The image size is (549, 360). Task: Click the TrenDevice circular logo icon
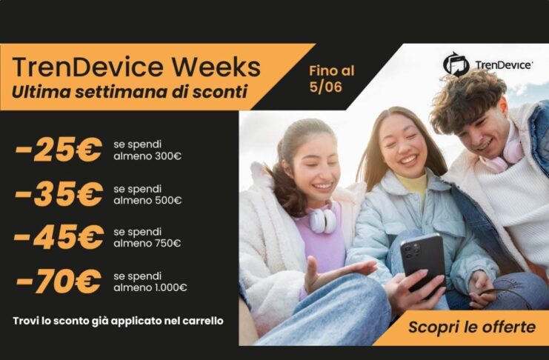pyautogui.click(x=456, y=64)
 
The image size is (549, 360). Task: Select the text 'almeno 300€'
pyautogui.click(x=147, y=156)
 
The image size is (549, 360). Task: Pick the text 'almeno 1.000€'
pyautogui.click(x=150, y=287)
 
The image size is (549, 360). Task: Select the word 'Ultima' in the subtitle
pyautogui.click(x=36, y=93)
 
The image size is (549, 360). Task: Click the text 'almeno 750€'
pyautogui.click(x=147, y=243)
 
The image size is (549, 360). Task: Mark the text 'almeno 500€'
pyautogui.click(x=147, y=200)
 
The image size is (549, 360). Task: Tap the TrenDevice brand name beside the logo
pyautogui.click(x=503, y=65)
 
